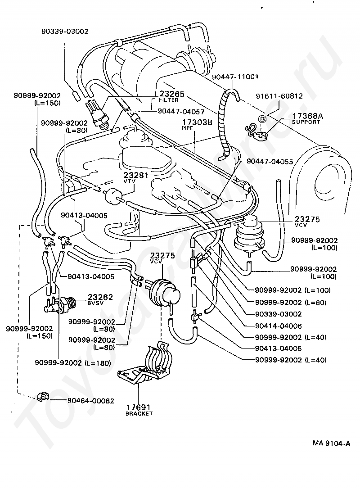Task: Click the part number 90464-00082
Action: (x=91, y=401)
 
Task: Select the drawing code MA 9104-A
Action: (x=331, y=443)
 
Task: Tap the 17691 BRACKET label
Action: (x=139, y=410)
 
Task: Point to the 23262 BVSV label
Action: (x=100, y=299)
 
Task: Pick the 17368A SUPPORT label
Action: (x=307, y=118)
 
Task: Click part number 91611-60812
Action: (x=279, y=96)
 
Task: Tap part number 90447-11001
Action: (x=235, y=77)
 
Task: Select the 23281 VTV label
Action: (x=136, y=178)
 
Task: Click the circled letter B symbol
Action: (x=262, y=119)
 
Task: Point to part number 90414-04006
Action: (x=279, y=326)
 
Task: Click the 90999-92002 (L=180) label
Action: (x=73, y=362)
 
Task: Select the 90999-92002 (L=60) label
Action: (x=291, y=302)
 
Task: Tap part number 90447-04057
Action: (x=181, y=111)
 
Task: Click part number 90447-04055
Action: (x=270, y=162)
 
